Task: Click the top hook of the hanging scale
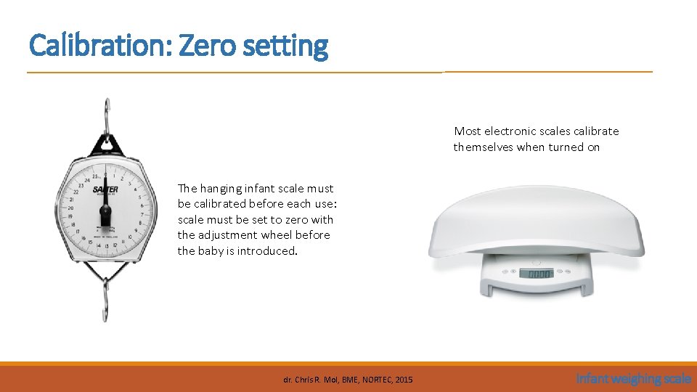point(107,113)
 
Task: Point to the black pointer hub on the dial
point(105,211)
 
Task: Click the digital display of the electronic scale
point(537,274)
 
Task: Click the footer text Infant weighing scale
point(633,378)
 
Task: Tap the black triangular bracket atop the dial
point(107,144)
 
